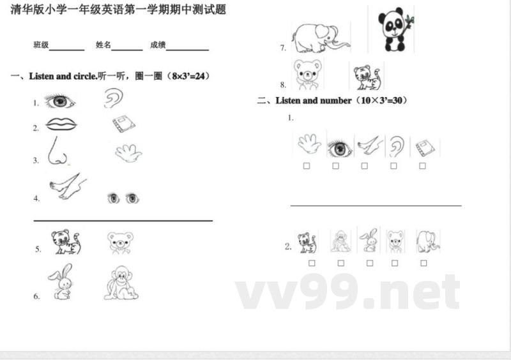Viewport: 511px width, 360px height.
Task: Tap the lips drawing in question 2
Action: point(60,123)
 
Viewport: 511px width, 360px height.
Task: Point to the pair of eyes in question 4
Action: point(123,198)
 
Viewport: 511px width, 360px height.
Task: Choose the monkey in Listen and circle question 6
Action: point(121,283)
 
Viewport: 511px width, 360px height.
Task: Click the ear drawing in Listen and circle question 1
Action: point(114,98)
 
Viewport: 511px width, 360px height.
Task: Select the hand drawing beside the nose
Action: point(128,153)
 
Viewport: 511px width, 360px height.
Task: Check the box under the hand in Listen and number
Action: point(307,166)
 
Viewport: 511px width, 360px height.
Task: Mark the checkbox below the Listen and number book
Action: point(422,166)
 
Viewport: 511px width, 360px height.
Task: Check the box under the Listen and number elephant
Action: point(424,263)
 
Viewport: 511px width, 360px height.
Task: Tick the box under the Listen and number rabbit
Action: point(370,263)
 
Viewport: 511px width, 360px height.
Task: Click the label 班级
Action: point(41,45)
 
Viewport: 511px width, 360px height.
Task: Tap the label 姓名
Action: point(103,45)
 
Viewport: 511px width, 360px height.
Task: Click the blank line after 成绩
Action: point(188,47)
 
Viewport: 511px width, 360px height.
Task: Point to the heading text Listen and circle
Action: point(63,77)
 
